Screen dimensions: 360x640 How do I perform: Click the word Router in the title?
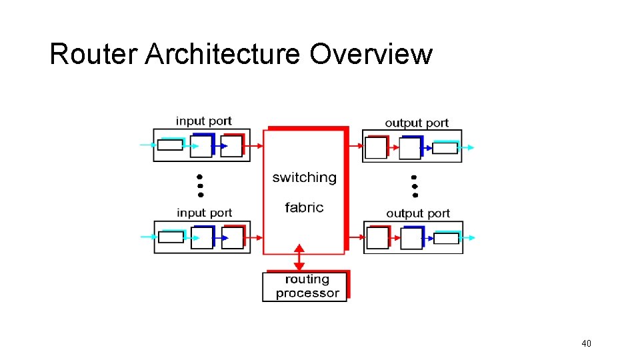93,54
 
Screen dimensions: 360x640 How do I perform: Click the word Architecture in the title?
223,54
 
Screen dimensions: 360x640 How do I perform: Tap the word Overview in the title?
371,54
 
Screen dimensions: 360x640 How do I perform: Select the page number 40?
586,343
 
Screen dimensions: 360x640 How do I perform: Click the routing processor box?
305,287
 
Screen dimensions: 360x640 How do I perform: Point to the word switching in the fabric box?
304,177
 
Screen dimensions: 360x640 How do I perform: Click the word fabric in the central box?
304,207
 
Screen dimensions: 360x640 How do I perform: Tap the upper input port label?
203,121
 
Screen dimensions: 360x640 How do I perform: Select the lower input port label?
204,213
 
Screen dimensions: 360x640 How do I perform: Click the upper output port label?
417,123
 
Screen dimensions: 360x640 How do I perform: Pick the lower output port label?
418,213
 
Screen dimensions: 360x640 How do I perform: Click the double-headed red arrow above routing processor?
299,257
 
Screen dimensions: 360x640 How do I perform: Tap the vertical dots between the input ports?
199,185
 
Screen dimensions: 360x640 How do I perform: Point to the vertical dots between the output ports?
414,186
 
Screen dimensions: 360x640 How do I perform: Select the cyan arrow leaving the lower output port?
468,238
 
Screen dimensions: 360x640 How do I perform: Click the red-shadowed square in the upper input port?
231,146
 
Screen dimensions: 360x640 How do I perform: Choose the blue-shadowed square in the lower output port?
411,238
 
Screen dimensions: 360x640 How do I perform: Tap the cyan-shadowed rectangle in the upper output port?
445,147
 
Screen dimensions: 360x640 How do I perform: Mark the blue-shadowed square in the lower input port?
201,238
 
